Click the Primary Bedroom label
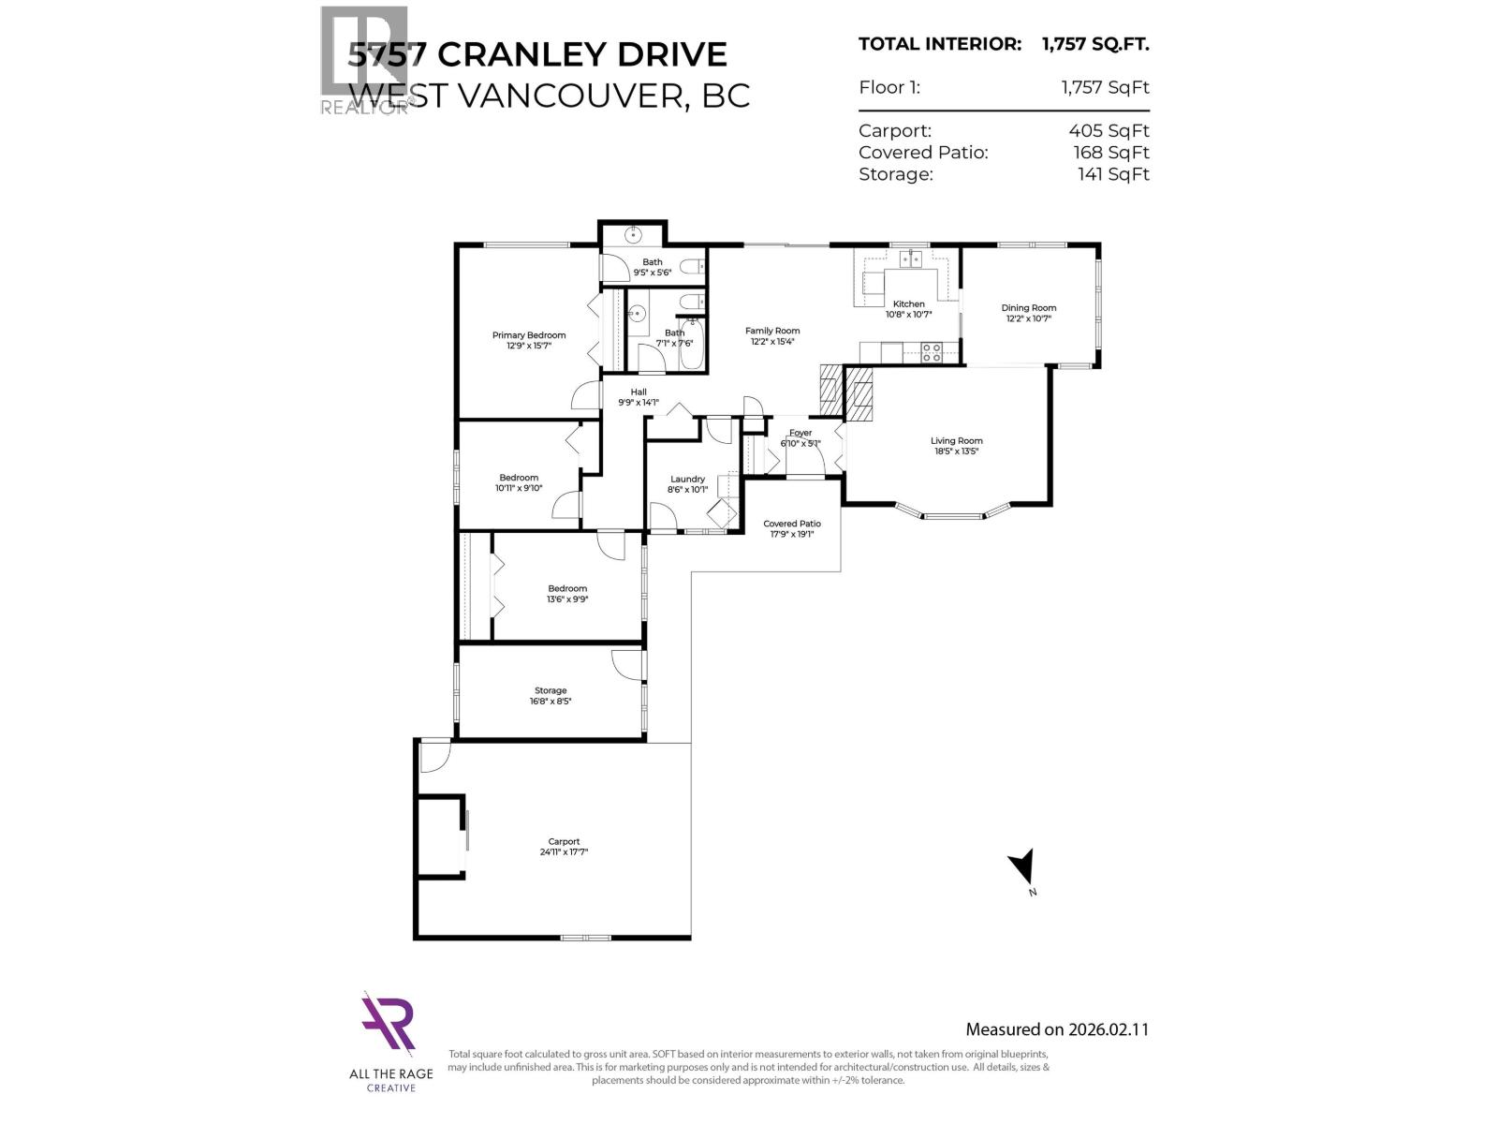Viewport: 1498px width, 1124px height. point(529,335)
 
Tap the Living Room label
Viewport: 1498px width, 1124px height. point(956,440)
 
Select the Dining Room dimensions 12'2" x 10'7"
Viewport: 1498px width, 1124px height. point(1028,318)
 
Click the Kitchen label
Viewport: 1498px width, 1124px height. point(908,303)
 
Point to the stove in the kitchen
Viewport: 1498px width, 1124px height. point(932,352)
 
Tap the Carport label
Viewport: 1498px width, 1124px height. point(564,841)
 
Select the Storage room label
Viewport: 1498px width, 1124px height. point(551,690)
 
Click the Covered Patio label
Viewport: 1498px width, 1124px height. point(791,524)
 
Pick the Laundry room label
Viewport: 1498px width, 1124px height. point(687,479)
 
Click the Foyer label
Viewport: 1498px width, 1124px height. point(800,433)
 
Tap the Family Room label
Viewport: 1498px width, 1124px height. point(772,331)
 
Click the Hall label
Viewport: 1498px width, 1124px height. point(639,392)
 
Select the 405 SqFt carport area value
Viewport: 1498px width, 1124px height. point(1111,131)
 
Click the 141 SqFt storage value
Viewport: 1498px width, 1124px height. point(1113,174)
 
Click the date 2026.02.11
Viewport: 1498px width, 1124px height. point(1109,1029)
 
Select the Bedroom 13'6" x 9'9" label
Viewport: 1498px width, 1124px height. point(567,588)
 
